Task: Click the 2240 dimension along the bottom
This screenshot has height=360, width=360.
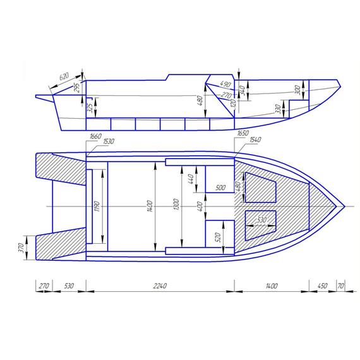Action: [160, 286]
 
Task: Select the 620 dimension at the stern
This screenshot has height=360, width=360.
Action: [64, 76]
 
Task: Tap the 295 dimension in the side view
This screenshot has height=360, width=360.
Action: [77, 88]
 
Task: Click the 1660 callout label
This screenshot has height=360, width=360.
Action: [96, 136]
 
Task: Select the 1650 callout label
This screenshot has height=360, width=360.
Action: [242, 134]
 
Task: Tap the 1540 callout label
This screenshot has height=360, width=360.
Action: [255, 140]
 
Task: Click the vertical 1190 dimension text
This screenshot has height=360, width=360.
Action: [97, 207]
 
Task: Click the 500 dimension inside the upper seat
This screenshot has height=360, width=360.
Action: [220, 188]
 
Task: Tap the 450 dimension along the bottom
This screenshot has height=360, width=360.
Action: [322, 286]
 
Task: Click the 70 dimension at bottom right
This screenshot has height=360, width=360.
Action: [342, 286]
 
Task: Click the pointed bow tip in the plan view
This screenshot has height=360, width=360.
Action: [344, 207]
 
